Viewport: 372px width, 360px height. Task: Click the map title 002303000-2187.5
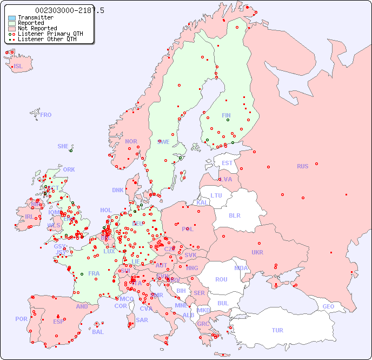(x=70, y=11)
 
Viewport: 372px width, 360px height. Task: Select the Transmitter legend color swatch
(x=12, y=18)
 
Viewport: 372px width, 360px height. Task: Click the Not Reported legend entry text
(x=37, y=29)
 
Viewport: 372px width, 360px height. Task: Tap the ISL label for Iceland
(x=18, y=67)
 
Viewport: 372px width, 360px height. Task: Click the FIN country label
(x=226, y=115)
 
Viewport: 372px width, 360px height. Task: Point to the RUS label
(x=302, y=166)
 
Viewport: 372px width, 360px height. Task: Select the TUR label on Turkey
(x=277, y=330)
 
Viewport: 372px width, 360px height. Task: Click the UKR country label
(x=257, y=252)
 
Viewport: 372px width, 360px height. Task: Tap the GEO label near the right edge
(x=328, y=306)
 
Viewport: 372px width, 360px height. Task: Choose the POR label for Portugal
(x=21, y=319)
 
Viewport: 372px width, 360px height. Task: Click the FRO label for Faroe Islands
(x=46, y=115)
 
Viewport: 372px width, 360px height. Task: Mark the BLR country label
(x=234, y=215)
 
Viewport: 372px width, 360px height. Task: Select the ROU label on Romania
(x=221, y=279)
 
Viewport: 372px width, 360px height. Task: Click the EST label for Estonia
(x=227, y=163)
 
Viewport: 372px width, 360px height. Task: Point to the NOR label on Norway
(x=131, y=141)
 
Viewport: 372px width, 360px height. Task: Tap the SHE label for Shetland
(x=63, y=146)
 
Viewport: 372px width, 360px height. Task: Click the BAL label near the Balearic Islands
(x=97, y=332)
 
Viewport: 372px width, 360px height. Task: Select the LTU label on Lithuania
(x=216, y=195)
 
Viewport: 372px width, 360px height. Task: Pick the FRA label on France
(x=94, y=273)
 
